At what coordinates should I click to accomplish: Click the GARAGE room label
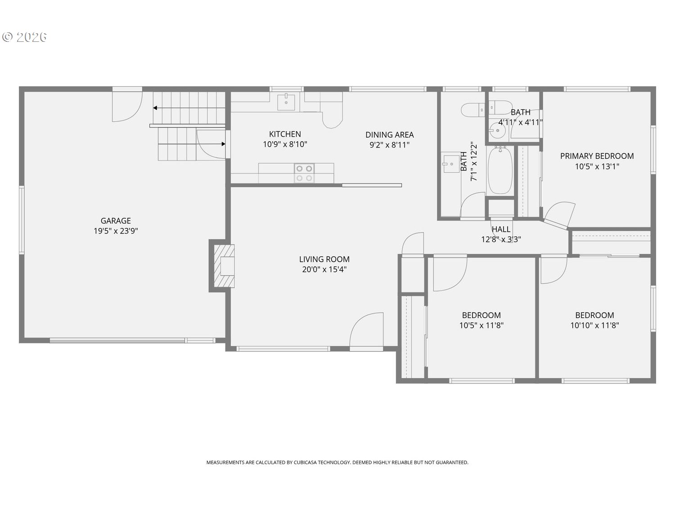click(x=116, y=220)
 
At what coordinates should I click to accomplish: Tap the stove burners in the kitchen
click(x=304, y=173)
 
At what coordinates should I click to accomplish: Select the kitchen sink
click(x=286, y=102)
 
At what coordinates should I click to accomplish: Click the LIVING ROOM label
click(x=324, y=259)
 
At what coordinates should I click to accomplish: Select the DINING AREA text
click(x=389, y=134)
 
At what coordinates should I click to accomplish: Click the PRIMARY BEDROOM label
click(x=597, y=156)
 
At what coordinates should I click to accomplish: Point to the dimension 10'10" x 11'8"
click(x=594, y=325)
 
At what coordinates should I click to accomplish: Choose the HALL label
click(x=501, y=229)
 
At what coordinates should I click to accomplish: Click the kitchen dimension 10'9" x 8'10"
click(x=285, y=144)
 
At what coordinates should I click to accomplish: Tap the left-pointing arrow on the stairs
click(x=155, y=108)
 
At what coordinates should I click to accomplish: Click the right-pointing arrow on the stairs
click(x=223, y=144)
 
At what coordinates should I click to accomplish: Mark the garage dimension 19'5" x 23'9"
click(x=116, y=231)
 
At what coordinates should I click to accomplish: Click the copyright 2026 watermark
click(x=25, y=37)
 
